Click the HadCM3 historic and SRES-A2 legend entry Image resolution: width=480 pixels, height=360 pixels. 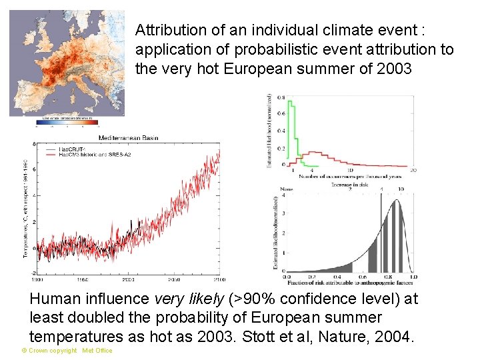pos(100,153)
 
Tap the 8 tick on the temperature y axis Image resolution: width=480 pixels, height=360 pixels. pos(34,144)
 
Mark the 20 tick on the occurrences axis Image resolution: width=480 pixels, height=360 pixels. pos(413,171)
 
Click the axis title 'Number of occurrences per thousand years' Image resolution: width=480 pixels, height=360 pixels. pos(350,177)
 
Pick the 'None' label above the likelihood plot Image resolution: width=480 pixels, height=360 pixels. pos(287,189)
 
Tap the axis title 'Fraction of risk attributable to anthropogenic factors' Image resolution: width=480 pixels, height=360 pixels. pos(350,285)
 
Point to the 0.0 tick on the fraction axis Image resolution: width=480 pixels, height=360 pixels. pos(287,277)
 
